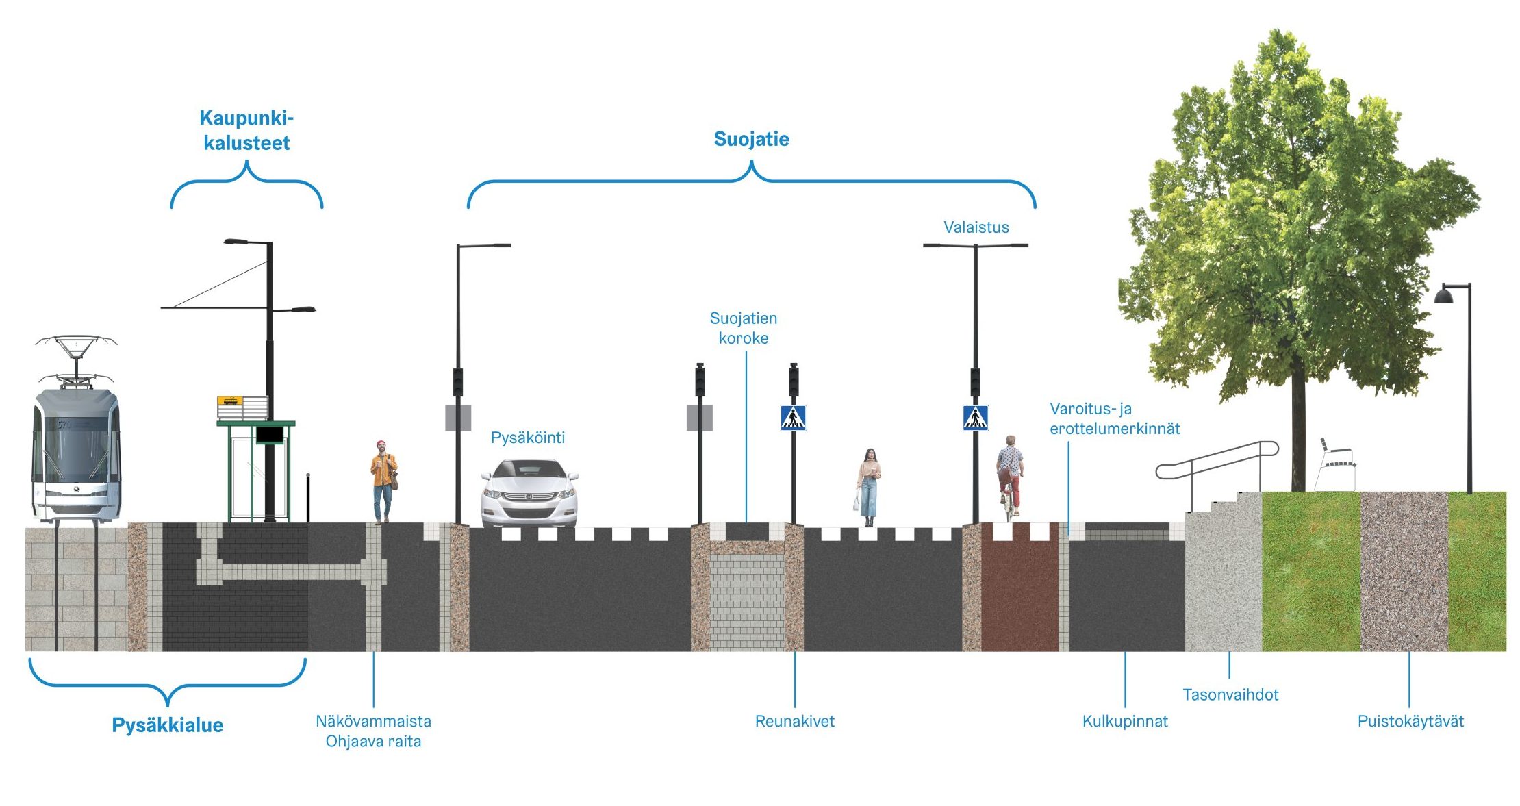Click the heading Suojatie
click(x=751, y=139)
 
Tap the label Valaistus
click(x=976, y=227)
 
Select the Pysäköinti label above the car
click(x=527, y=438)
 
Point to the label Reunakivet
click(x=794, y=721)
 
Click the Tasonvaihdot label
click(x=1230, y=694)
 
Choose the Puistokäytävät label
click(x=1410, y=721)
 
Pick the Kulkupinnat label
click(x=1125, y=721)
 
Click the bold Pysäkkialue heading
click(x=167, y=725)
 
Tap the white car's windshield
click(x=529, y=470)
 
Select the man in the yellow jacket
click(x=383, y=480)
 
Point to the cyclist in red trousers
click(x=1010, y=476)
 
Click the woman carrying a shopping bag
click(x=868, y=486)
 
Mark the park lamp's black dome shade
click(x=1443, y=295)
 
